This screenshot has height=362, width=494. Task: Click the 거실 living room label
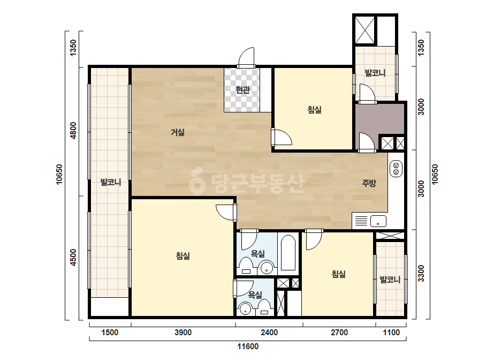coord(177,132)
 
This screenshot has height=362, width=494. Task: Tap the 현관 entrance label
coord(242,90)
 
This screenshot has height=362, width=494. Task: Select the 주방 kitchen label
coord(369,183)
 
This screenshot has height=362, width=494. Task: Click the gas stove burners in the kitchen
coord(396,169)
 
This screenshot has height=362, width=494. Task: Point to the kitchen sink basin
coord(378,221)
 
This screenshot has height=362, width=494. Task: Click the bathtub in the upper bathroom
coord(288,253)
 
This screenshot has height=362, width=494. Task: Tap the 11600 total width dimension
coord(248,346)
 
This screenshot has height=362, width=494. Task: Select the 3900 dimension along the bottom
coord(183,333)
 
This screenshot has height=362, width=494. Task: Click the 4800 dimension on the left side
coord(73,131)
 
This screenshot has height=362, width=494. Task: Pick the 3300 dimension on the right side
coord(421,274)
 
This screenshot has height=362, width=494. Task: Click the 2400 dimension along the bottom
coord(269,333)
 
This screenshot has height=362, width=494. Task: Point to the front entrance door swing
coord(246,58)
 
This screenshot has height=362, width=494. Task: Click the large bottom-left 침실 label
coord(183,255)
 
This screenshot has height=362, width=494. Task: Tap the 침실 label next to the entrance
coord(314,110)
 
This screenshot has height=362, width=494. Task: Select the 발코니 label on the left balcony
coord(111,182)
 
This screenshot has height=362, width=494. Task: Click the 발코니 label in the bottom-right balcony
coord(390,280)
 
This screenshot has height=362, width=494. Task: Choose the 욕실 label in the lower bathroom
coord(255,295)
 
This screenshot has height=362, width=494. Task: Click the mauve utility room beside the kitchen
coord(380,118)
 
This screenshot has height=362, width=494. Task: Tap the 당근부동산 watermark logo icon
coord(197,181)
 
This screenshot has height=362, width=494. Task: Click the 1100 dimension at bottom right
coord(391,333)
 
